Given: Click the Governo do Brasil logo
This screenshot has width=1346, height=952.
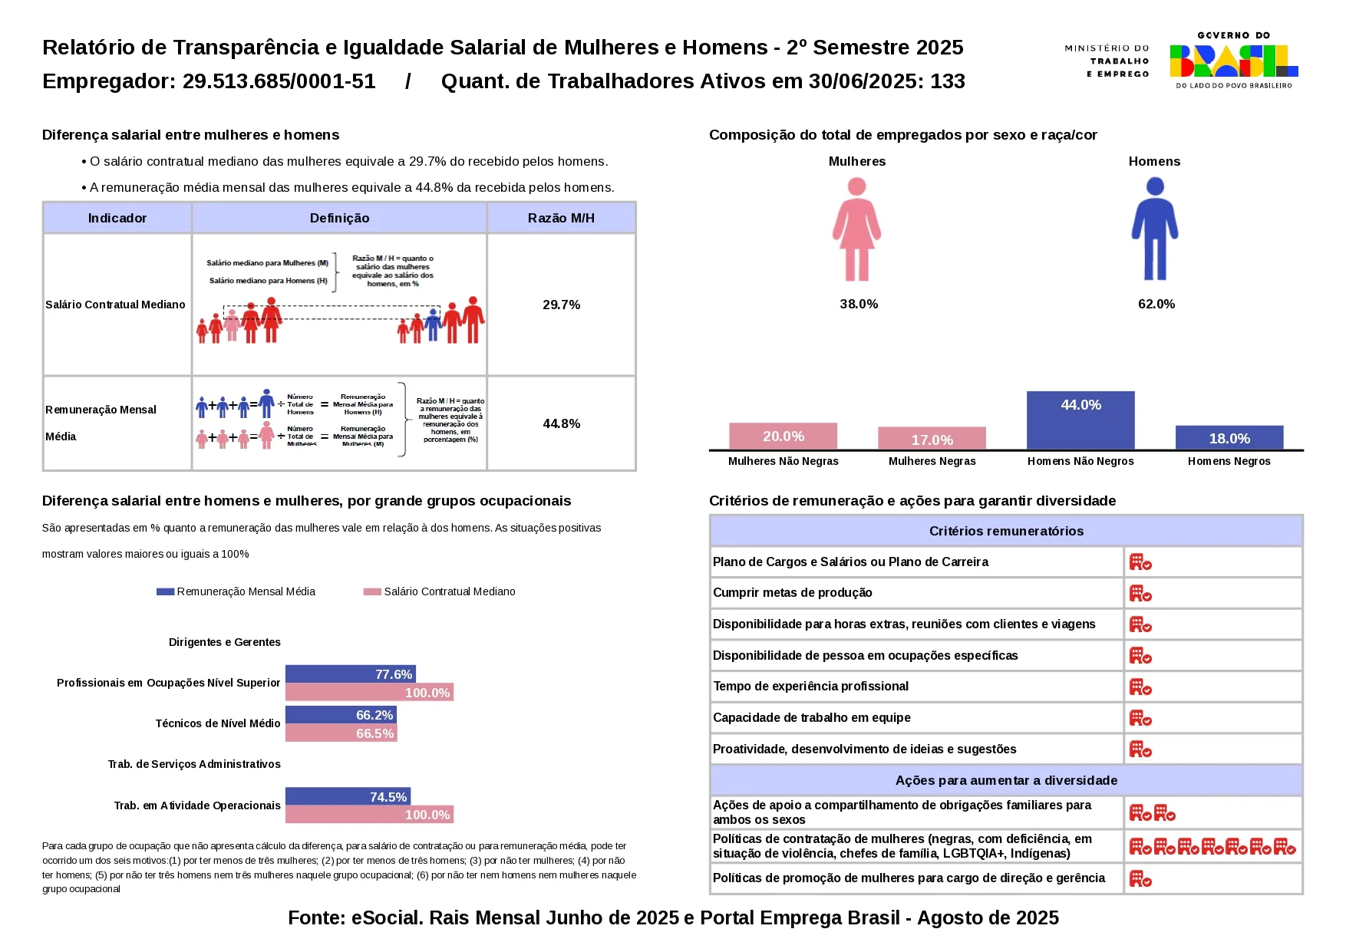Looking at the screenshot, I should [x=1233, y=61].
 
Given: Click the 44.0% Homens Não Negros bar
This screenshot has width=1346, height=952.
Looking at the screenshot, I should [x=1080, y=420].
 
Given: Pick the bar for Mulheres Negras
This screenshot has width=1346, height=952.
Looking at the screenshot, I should [x=932, y=438].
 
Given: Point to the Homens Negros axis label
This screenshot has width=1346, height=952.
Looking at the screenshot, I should [x=1229, y=461].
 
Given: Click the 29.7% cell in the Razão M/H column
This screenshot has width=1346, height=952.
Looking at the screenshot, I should [x=561, y=305].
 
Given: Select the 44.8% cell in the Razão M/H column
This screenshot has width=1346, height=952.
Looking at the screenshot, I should [x=561, y=423].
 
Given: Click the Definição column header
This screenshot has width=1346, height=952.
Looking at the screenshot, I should [x=339, y=218].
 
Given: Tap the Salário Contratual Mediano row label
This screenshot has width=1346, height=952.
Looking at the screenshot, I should [x=115, y=305].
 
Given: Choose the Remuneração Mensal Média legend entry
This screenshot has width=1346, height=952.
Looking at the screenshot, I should [x=236, y=591].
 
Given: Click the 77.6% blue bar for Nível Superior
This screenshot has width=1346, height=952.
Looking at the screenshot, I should [x=350, y=674].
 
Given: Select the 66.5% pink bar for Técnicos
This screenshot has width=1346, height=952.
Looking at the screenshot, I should [x=341, y=733].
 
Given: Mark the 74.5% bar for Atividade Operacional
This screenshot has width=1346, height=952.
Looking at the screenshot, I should [x=348, y=797].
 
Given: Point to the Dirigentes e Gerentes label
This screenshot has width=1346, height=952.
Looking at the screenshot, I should [x=224, y=642].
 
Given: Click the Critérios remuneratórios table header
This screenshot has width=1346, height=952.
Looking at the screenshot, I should [x=1006, y=531].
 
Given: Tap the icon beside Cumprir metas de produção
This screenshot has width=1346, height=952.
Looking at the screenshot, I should [x=1140, y=593].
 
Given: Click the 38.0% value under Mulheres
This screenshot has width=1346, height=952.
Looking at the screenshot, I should [x=859, y=304].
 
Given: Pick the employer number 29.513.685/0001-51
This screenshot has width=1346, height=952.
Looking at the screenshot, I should [x=279, y=81].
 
